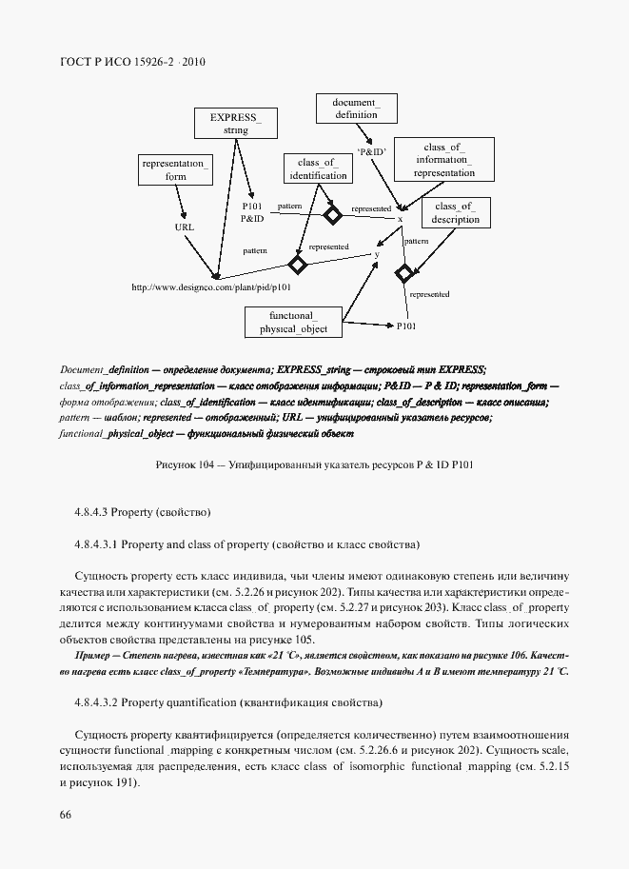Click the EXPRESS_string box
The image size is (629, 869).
[x=235, y=124]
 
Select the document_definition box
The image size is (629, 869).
[x=355, y=108]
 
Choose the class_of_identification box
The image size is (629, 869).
[x=315, y=169]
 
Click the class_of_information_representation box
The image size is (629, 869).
[x=443, y=160]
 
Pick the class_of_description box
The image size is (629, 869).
[x=454, y=213]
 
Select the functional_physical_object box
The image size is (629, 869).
[x=298, y=322]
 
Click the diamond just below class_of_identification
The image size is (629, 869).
[x=331, y=215]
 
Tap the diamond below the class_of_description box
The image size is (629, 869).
[x=403, y=275]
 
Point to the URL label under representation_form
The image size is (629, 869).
[x=184, y=228]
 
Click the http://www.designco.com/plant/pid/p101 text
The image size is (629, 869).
[x=209, y=286]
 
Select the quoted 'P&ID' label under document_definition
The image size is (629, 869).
[x=371, y=151]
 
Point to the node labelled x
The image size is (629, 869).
[x=400, y=220]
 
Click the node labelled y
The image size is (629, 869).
[x=377, y=254]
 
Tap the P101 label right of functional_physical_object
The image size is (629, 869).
[x=406, y=326]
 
